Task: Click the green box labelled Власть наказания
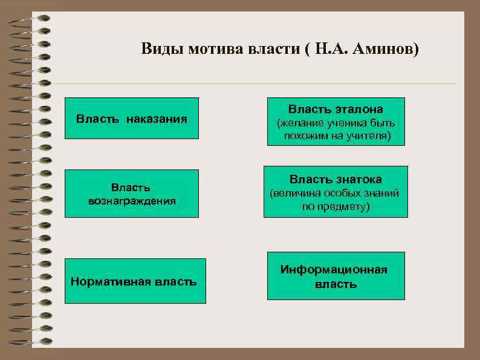(131, 118)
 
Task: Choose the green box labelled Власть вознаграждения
(131, 194)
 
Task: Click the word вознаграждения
(132, 200)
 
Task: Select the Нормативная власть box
(135, 281)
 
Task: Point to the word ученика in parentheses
(343, 124)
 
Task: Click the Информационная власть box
(336, 275)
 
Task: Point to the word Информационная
(334, 269)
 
